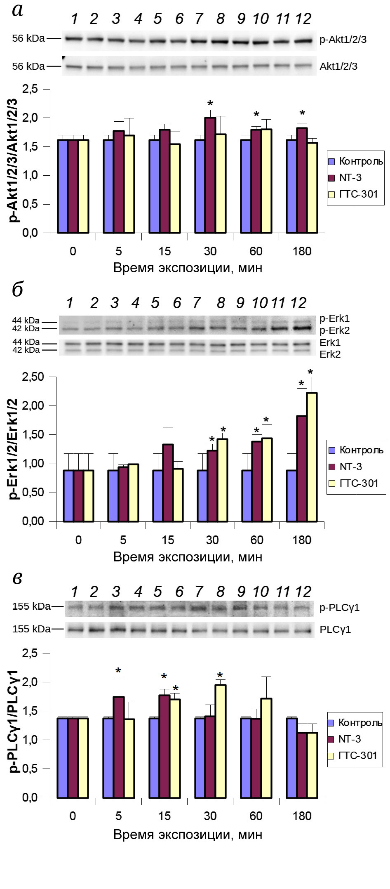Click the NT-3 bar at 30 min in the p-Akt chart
coord(210,175)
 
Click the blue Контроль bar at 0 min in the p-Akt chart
coord(63,186)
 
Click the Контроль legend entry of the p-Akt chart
coord(355,161)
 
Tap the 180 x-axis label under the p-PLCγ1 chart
coord(302,816)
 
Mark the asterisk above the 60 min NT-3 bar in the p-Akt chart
coord(256,115)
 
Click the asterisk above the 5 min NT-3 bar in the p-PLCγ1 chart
coord(119,671)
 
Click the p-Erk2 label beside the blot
coord(334,330)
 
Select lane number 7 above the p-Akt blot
coord(199,19)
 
